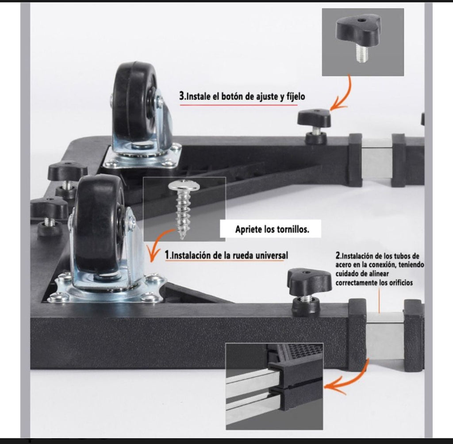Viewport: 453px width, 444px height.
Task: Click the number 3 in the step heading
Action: pyautogui.click(x=182, y=96)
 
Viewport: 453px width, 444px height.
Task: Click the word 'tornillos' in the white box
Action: pyautogui.click(x=293, y=230)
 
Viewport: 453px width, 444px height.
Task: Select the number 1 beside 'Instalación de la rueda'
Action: pyautogui.click(x=167, y=255)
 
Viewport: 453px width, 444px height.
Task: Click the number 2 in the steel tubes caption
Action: pyautogui.click(x=338, y=256)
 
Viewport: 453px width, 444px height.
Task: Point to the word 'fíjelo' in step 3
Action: pyautogui.click(x=296, y=96)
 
